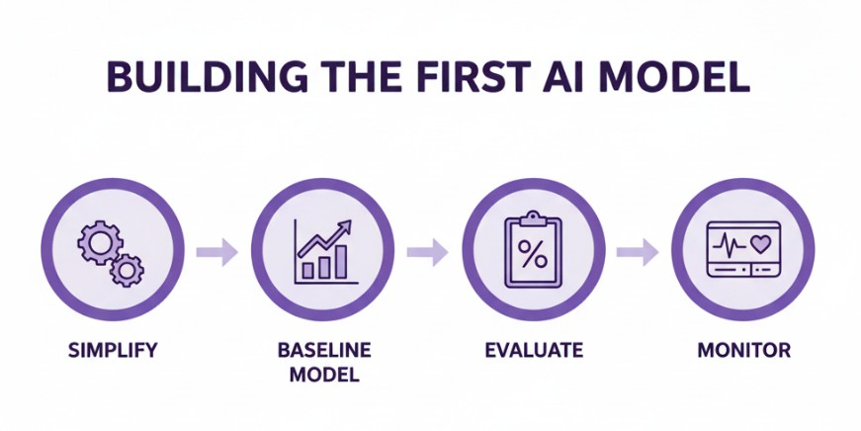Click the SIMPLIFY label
pos(113,351)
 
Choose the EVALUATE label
pos(534,351)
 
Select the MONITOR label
pos(743,351)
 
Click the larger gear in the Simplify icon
pos(101,240)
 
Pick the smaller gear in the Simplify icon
pos(127,267)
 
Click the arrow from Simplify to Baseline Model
pos(216,252)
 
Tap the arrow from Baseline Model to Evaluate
pos(427,252)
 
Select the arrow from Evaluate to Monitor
pos(638,252)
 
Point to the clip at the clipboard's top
pos(533,216)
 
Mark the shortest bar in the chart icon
pos(308,270)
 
